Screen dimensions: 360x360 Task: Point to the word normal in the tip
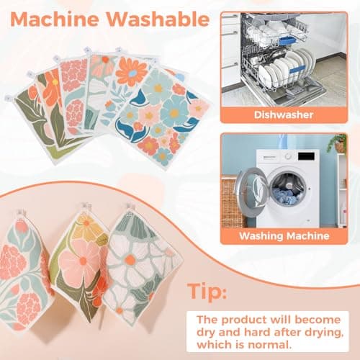coord(311,342)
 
